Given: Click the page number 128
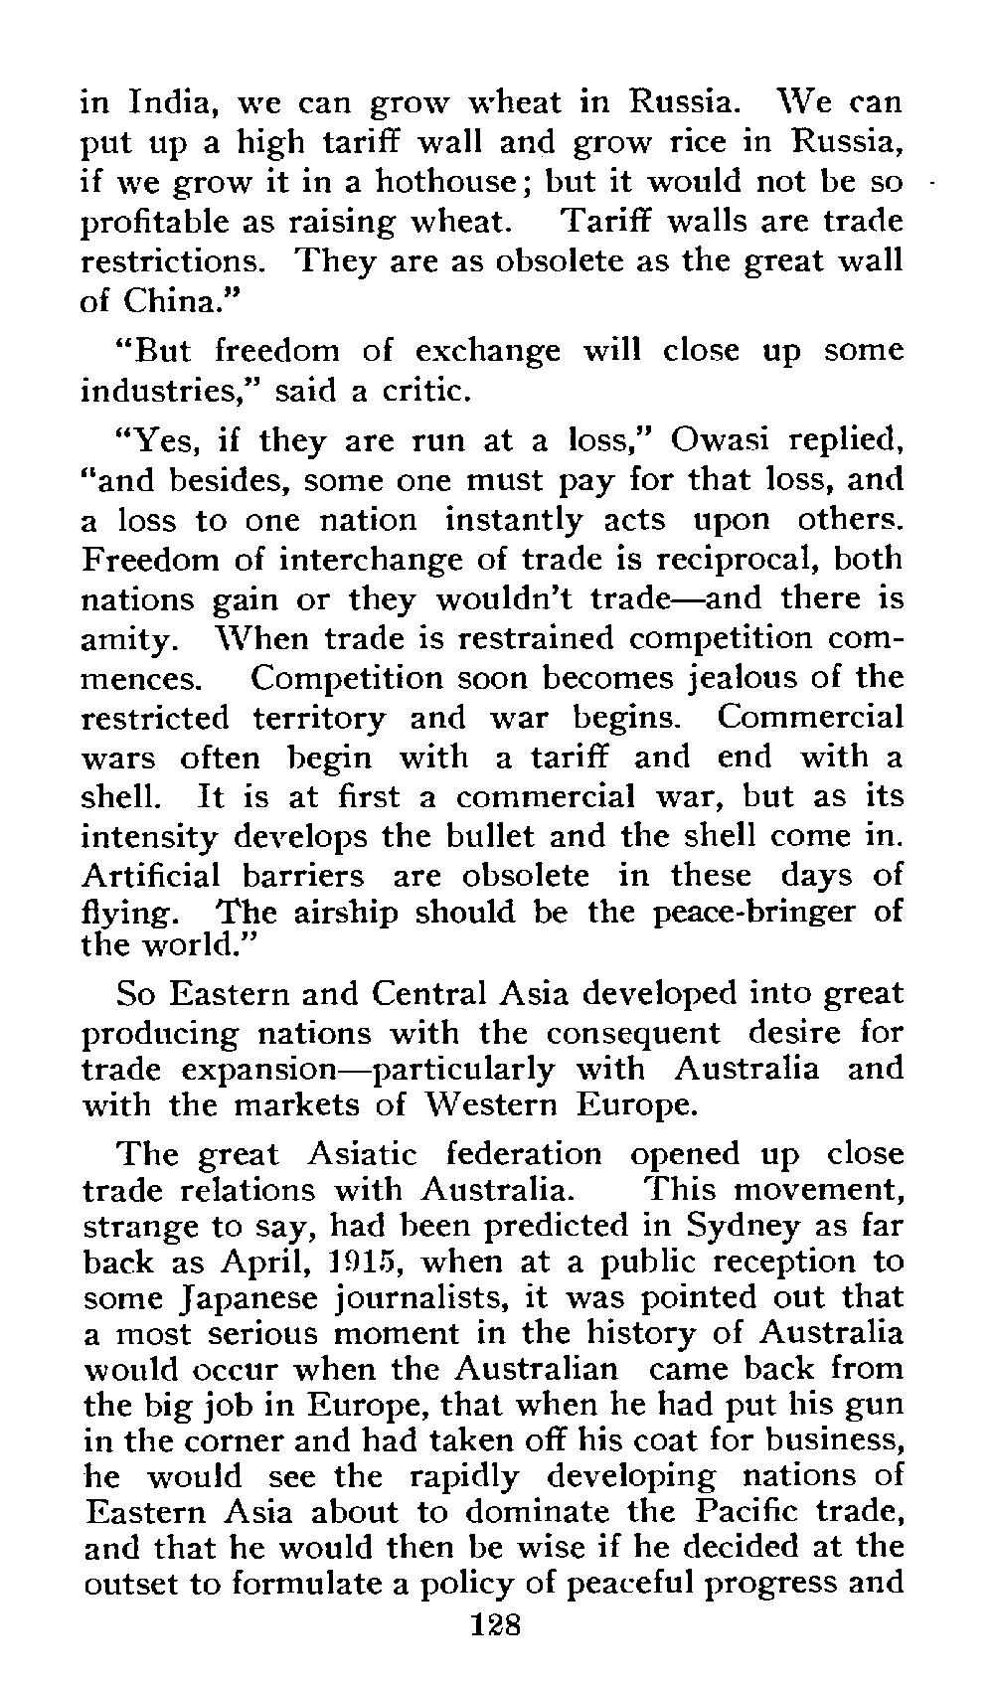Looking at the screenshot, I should [x=494, y=1626].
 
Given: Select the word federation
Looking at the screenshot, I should [x=524, y=1153].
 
